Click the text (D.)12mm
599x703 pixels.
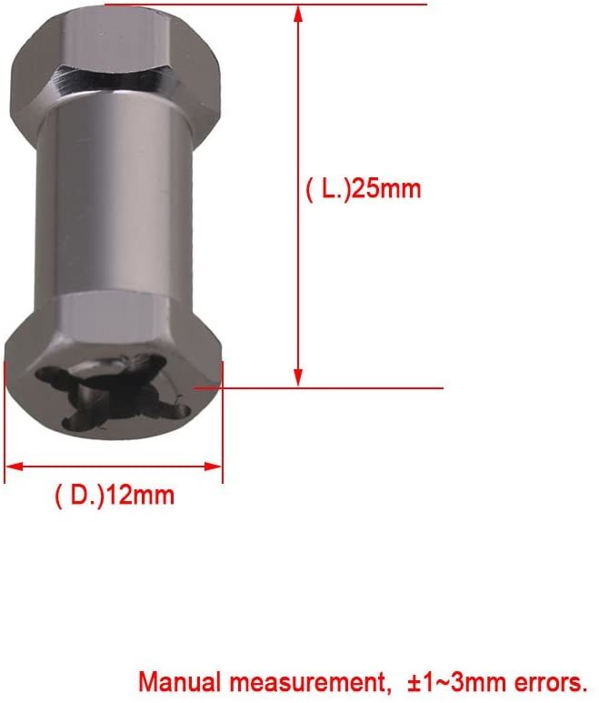point(114,497)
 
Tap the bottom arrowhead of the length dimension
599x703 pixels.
point(297,379)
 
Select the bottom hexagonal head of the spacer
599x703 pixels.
point(114,382)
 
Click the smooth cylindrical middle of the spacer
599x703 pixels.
point(114,200)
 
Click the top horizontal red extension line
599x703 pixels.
point(273,5)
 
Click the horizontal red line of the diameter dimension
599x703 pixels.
point(114,467)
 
